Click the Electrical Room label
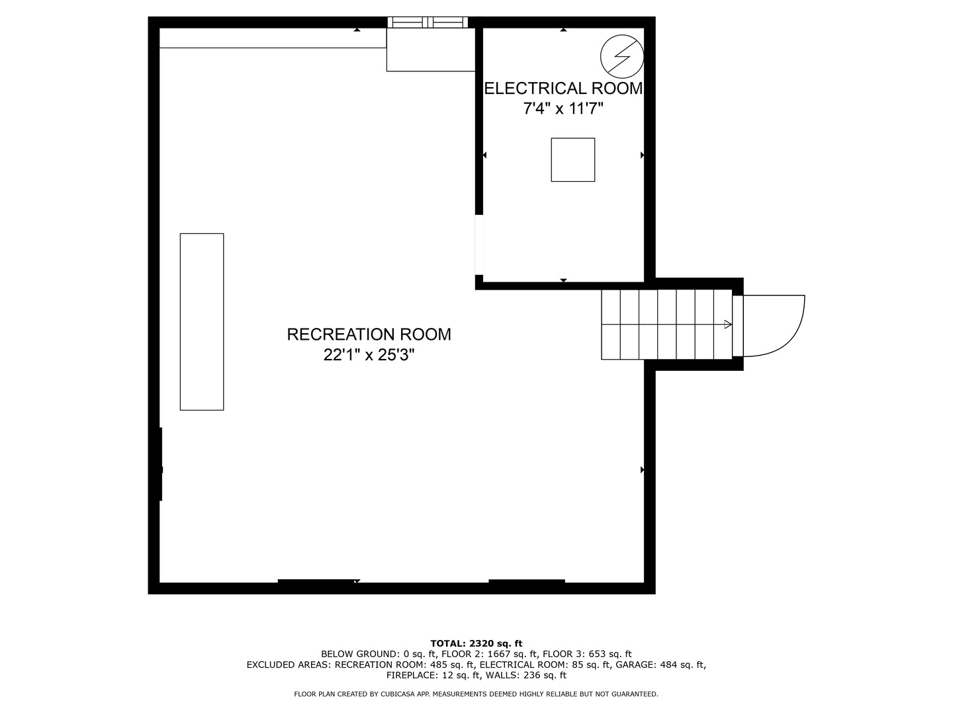(x=563, y=89)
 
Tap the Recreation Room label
(x=369, y=335)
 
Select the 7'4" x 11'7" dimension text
(x=563, y=108)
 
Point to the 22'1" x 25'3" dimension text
(x=369, y=356)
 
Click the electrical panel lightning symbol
(x=621, y=56)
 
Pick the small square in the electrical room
(x=573, y=160)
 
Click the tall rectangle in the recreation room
(x=202, y=322)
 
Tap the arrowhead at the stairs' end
(x=728, y=324)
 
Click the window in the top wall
(x=428, y=22)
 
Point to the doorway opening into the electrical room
(x=479, y=245)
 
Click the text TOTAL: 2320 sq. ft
(x=476, y=643)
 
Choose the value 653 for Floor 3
(x=596, y=654)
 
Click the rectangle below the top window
(x=431, y=50)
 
